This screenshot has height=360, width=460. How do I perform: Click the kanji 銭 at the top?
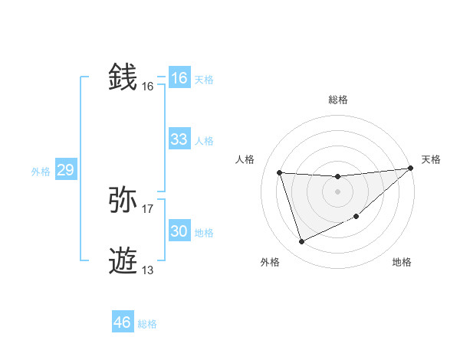point(123,77)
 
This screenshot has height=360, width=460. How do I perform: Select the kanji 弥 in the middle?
point(123,200)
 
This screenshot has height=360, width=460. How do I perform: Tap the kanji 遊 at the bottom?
point(123,261)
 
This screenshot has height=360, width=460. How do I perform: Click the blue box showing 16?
point(179,78)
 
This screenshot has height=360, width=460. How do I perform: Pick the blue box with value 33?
point(179,139)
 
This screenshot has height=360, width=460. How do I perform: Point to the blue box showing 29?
point(65,170)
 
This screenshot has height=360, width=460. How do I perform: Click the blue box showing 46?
point(123,322)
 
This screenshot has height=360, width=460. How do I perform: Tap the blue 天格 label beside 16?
point(204,79)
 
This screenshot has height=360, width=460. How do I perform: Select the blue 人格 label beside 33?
point(204,140)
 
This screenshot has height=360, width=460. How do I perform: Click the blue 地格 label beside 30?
point(204,232)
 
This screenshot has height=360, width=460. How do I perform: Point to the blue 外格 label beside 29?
point(41,172)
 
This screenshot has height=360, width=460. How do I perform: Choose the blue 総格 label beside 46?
point(147,324)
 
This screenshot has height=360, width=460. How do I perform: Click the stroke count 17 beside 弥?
point(148,208)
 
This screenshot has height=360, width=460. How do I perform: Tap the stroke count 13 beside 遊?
point(148,270)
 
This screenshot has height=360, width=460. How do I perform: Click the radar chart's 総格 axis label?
point(337,100)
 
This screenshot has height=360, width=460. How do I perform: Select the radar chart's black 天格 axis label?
point(431,159)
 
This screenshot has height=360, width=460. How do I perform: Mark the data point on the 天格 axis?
point(411,168)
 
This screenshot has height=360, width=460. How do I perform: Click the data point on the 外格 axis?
point(301,242)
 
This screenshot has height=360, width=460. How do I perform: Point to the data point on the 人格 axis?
point(280,173)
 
